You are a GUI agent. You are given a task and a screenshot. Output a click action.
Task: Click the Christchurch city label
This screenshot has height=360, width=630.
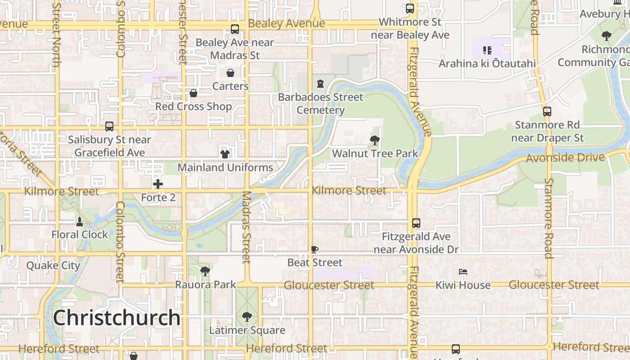(117, 318)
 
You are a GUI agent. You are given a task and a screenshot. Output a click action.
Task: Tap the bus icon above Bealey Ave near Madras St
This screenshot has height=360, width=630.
(235, 29)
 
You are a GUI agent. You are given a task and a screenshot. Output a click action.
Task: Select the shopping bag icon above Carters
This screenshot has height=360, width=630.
(230, 73)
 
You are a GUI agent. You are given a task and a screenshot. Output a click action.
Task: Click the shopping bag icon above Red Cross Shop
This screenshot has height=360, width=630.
(193, 93)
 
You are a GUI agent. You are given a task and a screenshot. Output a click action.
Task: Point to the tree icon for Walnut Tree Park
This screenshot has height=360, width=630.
(374, 140)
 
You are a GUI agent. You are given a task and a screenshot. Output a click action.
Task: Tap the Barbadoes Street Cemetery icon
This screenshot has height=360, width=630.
(320, 84)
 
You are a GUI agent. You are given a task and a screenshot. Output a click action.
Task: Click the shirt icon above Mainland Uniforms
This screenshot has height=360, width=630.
(225, 154)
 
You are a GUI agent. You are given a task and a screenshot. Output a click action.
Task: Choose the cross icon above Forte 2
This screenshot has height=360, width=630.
(158, 184)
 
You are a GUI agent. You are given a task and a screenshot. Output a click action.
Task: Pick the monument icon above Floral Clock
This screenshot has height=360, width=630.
(80, 221)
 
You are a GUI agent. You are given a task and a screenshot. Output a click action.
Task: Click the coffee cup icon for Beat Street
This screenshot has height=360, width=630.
(315, 249)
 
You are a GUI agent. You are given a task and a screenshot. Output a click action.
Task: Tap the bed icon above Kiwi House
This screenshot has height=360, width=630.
(463, 272)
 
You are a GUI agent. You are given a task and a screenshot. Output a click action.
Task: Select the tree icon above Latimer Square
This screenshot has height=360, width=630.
(247, 317)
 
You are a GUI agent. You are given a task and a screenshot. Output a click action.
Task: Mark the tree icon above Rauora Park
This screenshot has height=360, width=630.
(205, 271)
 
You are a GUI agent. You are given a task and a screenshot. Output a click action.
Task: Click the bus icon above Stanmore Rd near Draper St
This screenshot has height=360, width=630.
(547, 111)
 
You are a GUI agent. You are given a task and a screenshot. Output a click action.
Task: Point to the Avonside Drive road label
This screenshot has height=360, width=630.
(565, 158)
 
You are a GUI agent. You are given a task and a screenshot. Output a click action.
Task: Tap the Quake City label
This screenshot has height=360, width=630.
(53, 265)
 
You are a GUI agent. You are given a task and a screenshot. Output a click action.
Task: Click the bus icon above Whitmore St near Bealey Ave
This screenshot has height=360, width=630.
(410, 8)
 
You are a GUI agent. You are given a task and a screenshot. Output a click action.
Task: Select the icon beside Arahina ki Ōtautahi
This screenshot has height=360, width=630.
(487, 50)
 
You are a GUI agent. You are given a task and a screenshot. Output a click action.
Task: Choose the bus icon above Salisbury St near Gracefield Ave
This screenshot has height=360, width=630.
(109, 126)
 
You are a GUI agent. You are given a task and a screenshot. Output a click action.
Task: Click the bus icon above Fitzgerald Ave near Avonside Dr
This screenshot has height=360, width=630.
(416, 223)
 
